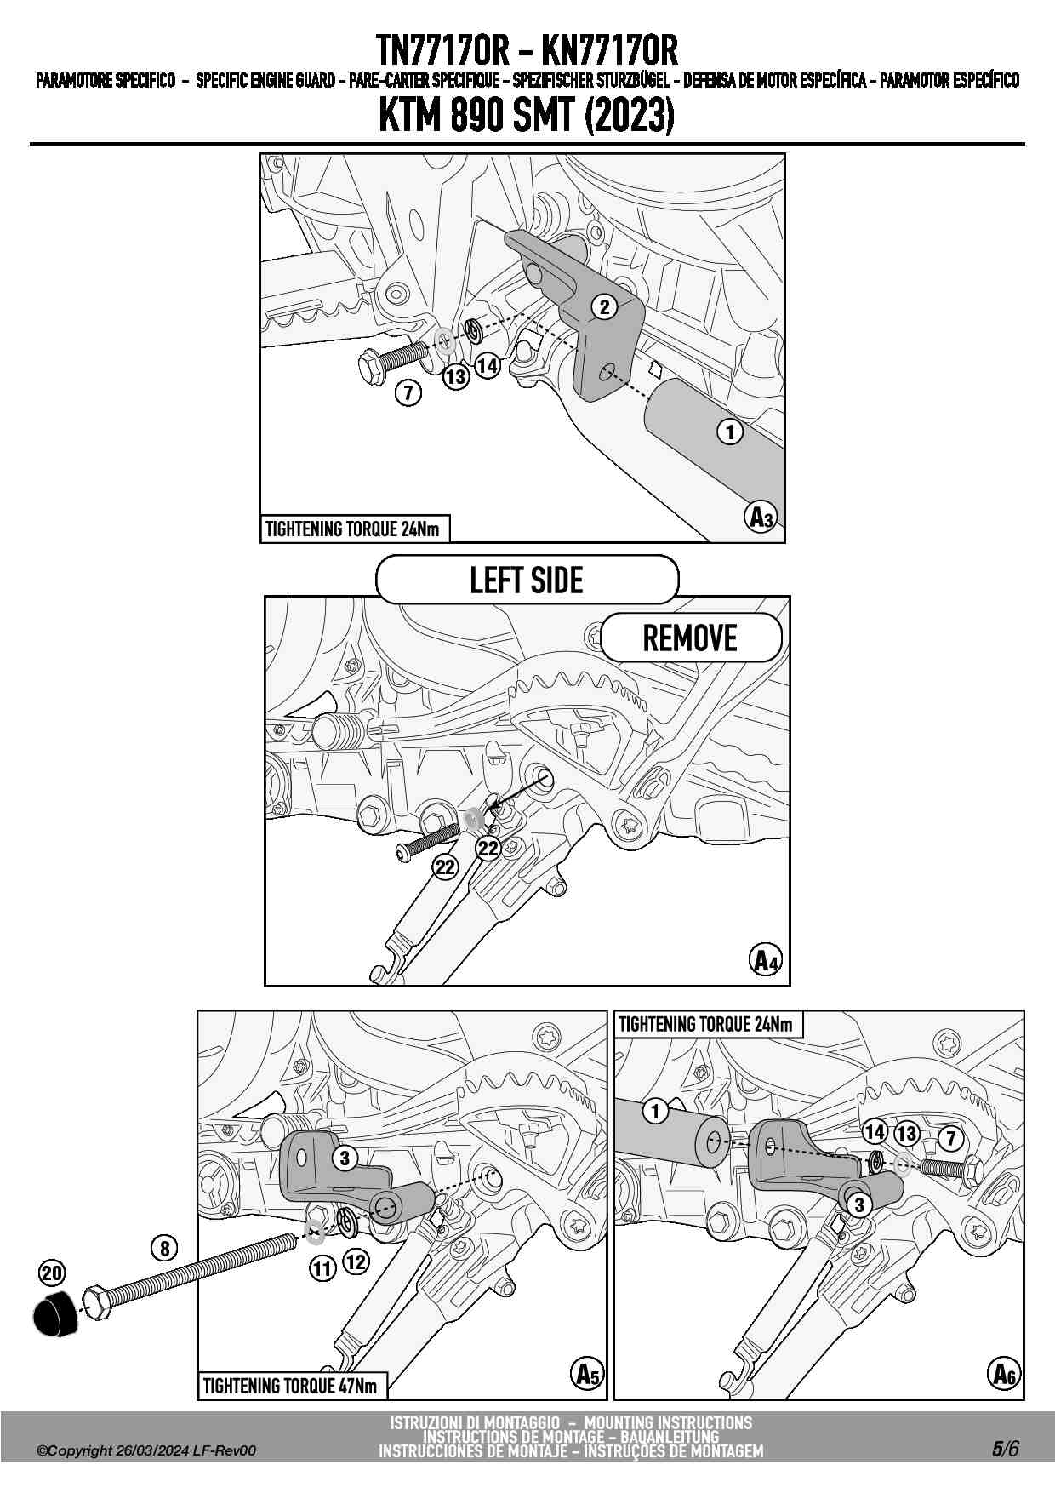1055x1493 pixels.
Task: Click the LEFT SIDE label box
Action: point(527,581)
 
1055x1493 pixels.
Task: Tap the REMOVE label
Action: point(690,638)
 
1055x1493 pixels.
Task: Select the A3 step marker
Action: point(761,517)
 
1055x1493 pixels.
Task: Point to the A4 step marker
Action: point(766,960)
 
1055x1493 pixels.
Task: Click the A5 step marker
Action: point(587,1373)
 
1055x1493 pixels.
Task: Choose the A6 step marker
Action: point(1004,1373)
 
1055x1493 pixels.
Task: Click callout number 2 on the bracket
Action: point(604,307)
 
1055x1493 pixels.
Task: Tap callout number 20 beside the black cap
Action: point(52,1273)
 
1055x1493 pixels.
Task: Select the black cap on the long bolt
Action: point(55,1313)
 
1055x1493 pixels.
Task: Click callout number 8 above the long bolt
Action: point(164,1248)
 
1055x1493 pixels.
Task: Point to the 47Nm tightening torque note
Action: point(290,1386)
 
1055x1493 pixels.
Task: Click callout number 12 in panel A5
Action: point(356,1261)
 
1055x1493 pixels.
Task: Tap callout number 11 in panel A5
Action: point(322,1269)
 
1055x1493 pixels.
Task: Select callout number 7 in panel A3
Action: point(408,392)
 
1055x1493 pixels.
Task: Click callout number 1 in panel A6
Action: point(655,1111)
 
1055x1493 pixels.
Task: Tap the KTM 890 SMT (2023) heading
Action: point(527,116)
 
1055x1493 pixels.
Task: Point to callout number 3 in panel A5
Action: point(345,1158)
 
